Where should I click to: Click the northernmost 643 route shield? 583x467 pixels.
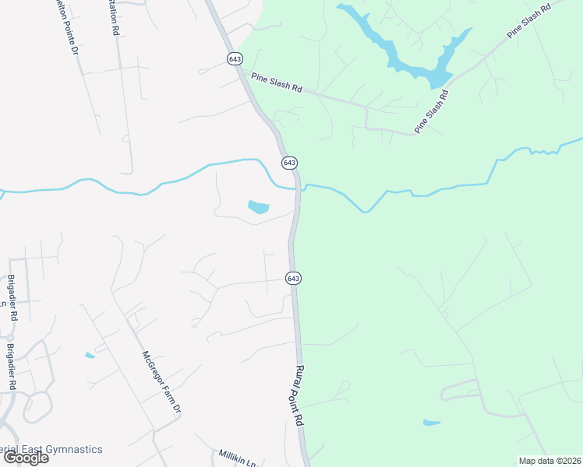(234, 59)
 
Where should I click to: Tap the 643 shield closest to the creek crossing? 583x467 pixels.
(289, 162)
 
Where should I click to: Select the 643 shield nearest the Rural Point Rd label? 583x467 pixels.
(293, 278)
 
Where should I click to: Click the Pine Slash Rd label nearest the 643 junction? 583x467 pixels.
(276, 84)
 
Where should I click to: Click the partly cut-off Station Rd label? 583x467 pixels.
(115, 17)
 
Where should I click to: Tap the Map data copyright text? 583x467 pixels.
(549, 461)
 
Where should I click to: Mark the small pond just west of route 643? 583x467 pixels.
(258, 207)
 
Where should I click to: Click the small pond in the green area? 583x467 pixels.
(431, 423)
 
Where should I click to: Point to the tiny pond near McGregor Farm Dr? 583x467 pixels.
(90, 356)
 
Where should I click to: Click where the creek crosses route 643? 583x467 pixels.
(298, 187)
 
